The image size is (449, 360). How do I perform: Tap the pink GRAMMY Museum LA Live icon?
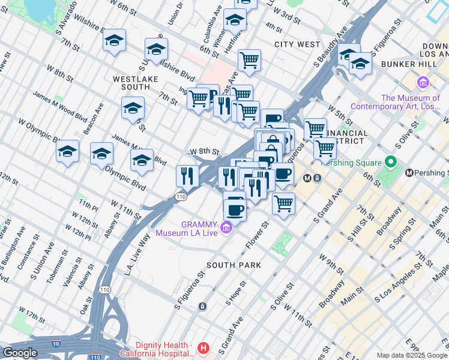coord(226,227)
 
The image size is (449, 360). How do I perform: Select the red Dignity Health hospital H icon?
coord(204,347)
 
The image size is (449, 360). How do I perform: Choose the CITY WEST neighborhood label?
coord(297,44)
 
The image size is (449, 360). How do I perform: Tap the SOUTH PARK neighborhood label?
coord(234,265)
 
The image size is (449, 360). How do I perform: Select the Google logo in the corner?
coord(20,353)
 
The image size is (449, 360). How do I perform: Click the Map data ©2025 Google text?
coord(411,355)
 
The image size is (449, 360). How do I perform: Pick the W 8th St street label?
coord(204,152)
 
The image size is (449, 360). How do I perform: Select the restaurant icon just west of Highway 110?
coord(187,176)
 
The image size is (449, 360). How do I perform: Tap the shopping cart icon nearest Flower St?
coord(283,203)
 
